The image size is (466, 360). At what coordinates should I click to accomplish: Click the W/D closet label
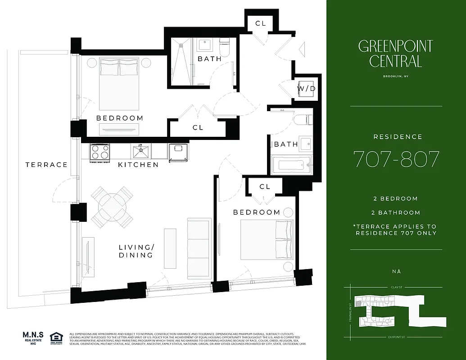(306, 89)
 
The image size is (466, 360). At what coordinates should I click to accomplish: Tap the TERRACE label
(46, 165)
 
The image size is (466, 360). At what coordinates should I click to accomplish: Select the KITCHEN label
(138, 165)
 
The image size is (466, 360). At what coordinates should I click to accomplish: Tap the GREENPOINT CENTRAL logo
(396, 54)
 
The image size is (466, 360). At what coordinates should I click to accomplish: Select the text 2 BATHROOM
(396, 213)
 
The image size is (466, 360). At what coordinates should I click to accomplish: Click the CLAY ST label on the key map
(396, 286)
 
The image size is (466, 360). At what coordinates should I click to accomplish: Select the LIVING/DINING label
(136, 251)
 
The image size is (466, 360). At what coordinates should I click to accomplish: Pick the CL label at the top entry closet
(261, 23)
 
